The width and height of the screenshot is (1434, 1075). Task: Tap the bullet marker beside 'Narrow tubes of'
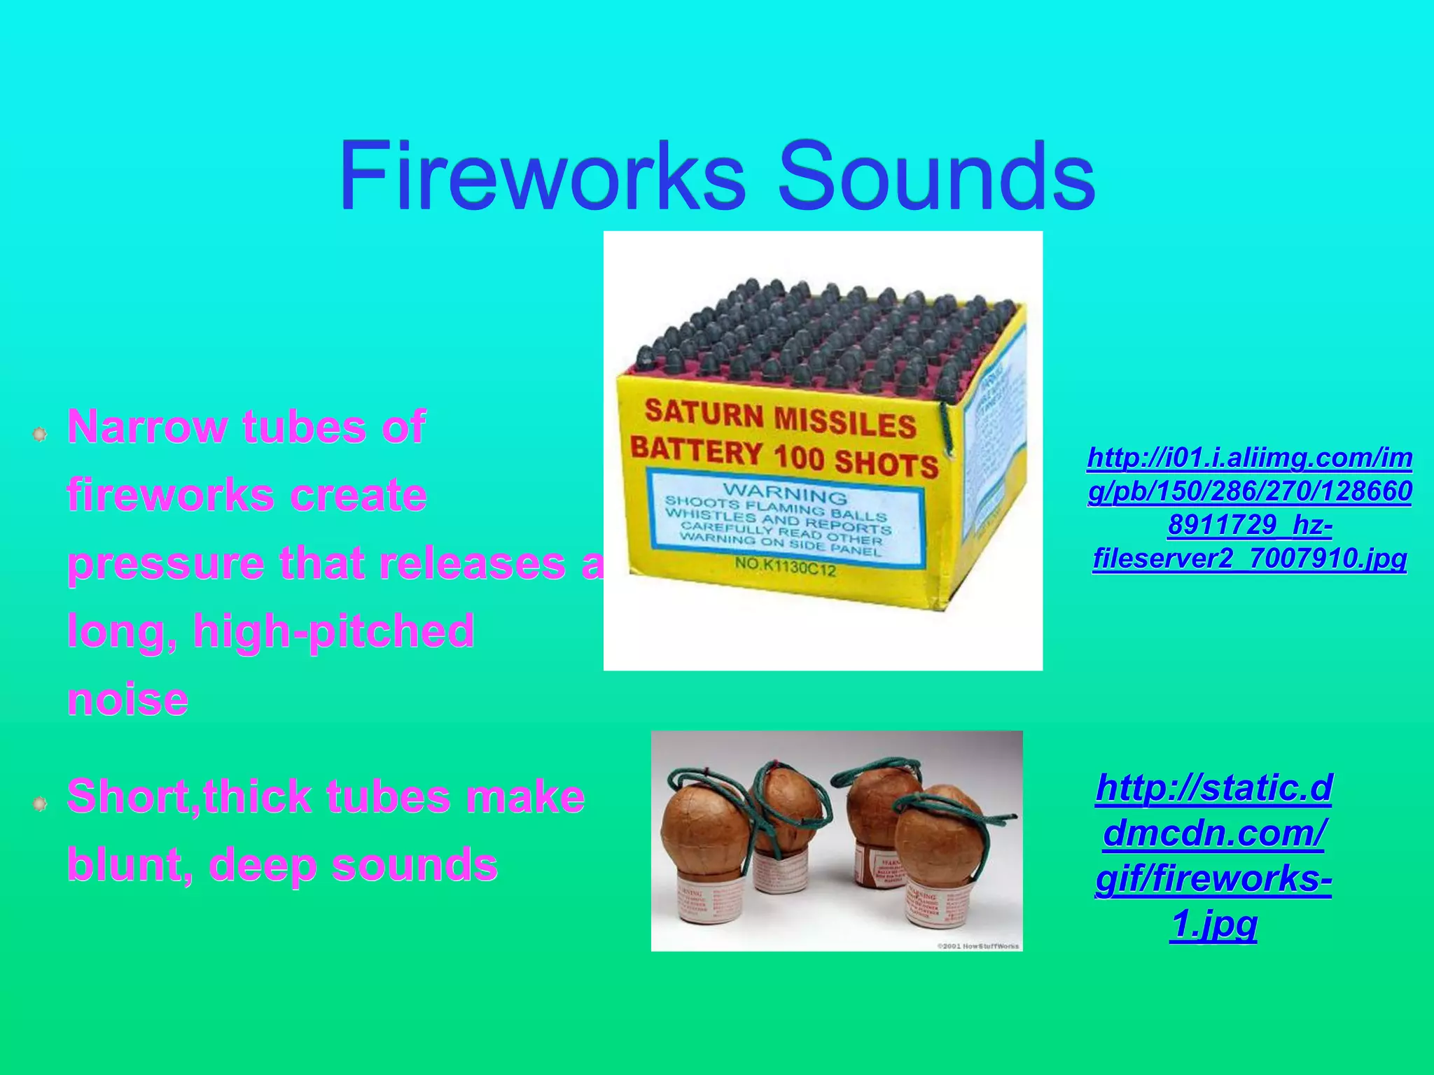click(40, 435)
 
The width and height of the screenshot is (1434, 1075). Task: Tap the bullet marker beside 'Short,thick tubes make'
click(40, 804)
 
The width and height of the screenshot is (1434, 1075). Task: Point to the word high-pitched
click(334, 631)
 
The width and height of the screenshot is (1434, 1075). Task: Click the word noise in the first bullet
click(127, 698)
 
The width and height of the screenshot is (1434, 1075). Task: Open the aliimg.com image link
click(1250, 508)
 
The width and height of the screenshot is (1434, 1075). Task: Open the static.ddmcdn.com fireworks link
click(1213, 856)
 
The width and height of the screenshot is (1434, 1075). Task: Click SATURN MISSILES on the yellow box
click(780, 419)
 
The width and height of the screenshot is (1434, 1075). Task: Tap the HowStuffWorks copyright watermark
click(978, 946)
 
